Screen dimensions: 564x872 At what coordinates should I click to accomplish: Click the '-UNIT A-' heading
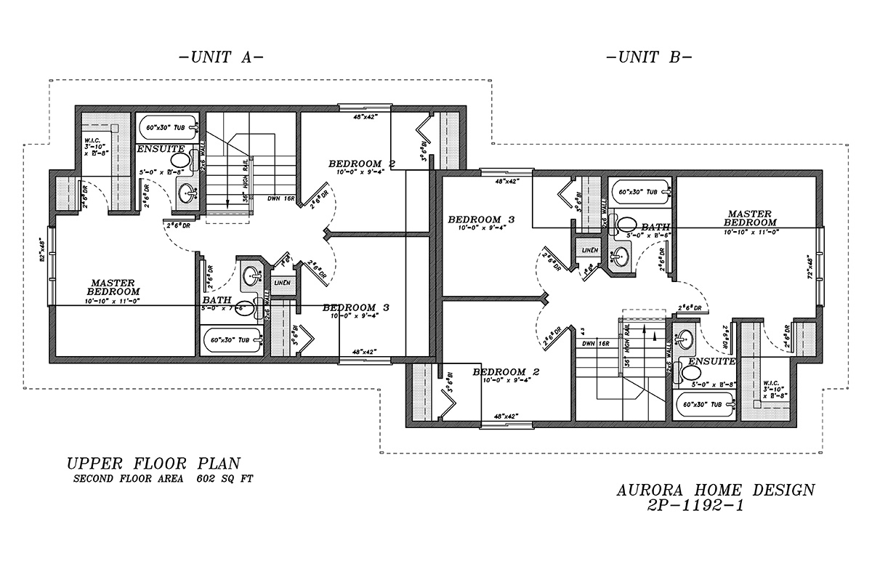click(220, 57)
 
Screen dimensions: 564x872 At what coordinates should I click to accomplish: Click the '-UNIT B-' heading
click(648, 57)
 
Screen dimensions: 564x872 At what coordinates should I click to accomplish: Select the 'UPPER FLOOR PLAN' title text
click(153, 463)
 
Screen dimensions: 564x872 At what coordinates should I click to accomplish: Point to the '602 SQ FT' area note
click(225, 479)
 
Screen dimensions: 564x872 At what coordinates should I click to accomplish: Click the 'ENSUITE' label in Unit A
click(161, 149)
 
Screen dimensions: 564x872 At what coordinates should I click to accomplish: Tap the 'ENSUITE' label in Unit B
click(711, 360)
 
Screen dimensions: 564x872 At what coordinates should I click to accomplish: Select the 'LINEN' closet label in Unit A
click(282, 282)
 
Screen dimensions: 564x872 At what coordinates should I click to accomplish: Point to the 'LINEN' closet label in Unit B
click(589, 249)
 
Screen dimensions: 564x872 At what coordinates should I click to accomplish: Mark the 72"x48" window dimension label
click(829, 268)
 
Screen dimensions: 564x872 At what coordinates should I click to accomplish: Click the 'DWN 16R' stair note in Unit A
click(280, 198)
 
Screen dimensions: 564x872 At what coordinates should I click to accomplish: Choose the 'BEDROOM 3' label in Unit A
click(356, 307)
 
